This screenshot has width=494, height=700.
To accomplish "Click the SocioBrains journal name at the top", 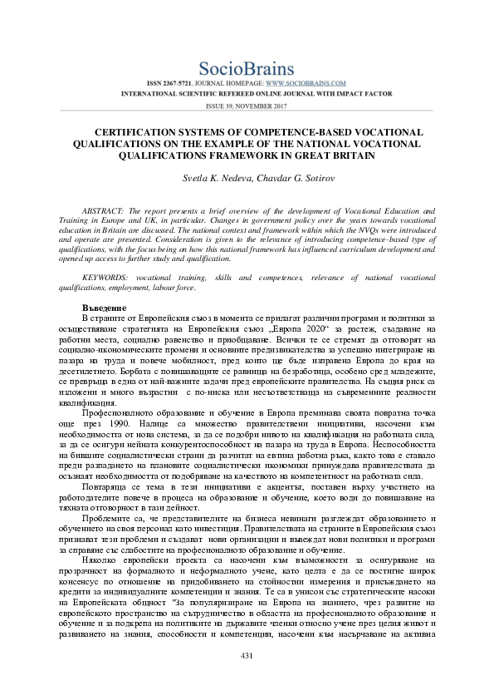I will pos(247,69).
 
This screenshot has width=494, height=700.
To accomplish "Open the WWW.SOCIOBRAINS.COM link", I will pos(306,84).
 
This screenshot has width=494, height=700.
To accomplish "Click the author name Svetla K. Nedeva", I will pos(214,179).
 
